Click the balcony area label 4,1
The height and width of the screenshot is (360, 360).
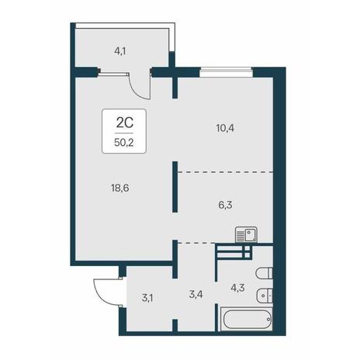coord(119,51)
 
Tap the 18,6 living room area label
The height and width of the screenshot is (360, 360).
coord(119,188)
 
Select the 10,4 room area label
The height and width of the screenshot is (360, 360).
coord(225,128)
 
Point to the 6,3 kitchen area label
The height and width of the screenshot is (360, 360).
coord(225,205)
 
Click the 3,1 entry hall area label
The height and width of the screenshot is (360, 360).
coord(147,298)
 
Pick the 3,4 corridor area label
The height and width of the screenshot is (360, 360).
coord(196,294)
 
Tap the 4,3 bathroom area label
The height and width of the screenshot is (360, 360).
coord(237,288)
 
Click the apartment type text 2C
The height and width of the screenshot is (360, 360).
coord(124,123)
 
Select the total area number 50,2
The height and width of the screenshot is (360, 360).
coord(124,142)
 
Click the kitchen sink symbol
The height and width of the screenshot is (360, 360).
coord(246,235)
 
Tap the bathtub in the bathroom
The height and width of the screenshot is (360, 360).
coord(247,319)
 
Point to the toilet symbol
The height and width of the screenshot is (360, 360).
coord(264,273)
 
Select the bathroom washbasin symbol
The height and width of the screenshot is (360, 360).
coord(265,295)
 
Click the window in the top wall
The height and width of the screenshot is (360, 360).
coord(226,72)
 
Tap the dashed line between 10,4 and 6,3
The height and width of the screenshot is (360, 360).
coord(226,171)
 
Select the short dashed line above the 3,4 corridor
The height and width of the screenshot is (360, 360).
coord(196,243)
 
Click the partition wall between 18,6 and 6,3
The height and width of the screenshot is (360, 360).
coord(175,187)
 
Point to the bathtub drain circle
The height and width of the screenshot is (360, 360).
coord(268,319)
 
